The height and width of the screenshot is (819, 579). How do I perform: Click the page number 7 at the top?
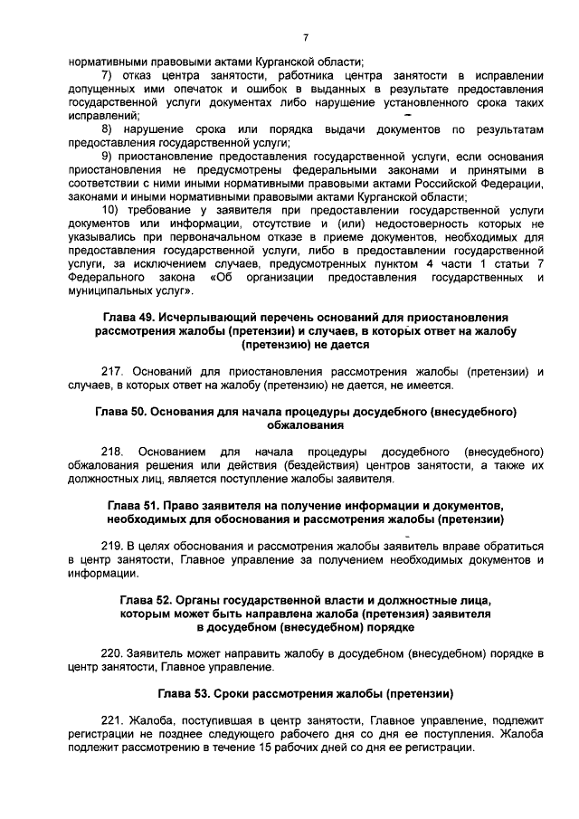pos(305,37)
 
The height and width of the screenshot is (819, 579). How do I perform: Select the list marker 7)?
pos(106,74)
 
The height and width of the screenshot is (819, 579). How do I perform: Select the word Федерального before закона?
pos(106,279)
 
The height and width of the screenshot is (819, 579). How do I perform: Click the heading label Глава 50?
pos(125,412)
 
